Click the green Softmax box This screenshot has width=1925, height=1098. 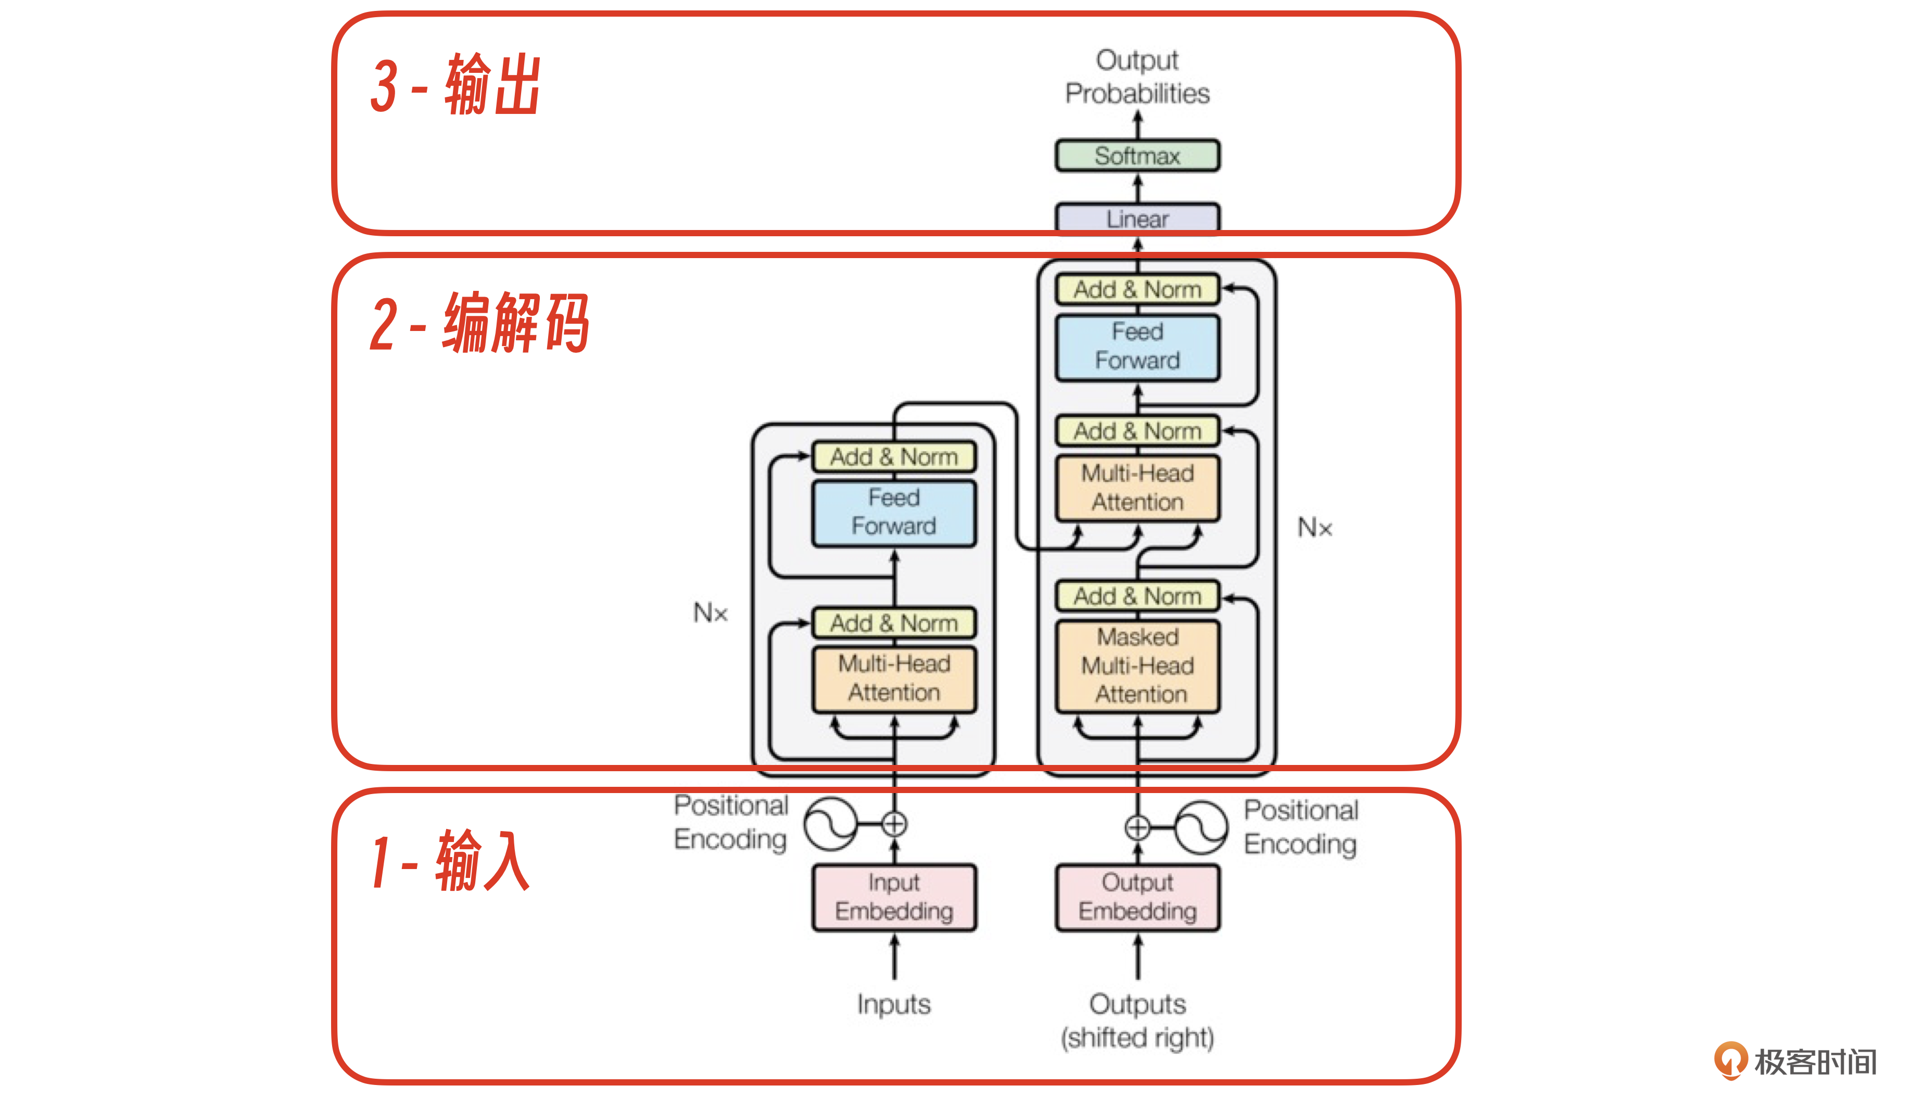pyautogui.click(x=1137, y=156)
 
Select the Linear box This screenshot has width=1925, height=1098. pyautogui.click(x=1137, y=219)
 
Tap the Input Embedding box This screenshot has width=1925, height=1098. pyautogui.click(x=894, y=897)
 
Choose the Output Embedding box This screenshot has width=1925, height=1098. pyautogui.click(x=1137, y=897)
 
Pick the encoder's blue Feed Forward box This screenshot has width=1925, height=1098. pyautogui.click(x=894, y=512)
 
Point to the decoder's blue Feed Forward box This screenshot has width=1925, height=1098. pyautogui.click(x=1137, y=346)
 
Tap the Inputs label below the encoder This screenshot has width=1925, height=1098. pyautogui.click(x=894, y=1004)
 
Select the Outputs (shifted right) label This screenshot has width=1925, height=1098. pyautogui.click(x=1137, y=1020)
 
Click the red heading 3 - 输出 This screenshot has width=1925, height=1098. pyautogui.click(x=455, y=85)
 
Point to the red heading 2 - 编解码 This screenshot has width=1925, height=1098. pyautogui.click(x=479, y=324)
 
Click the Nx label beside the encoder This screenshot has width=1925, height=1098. pyautogui.click(x=711, y=612)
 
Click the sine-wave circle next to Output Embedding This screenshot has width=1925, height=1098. pyautogui.click(x=1201, y=827)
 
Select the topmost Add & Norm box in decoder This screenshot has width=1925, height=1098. pyautogui.click(x=1137, y=289)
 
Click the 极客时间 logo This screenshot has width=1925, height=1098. pyautogui.click(x=1795, y=1061)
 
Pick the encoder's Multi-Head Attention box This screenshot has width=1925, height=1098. pyautogui.click(x=894, y=678)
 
